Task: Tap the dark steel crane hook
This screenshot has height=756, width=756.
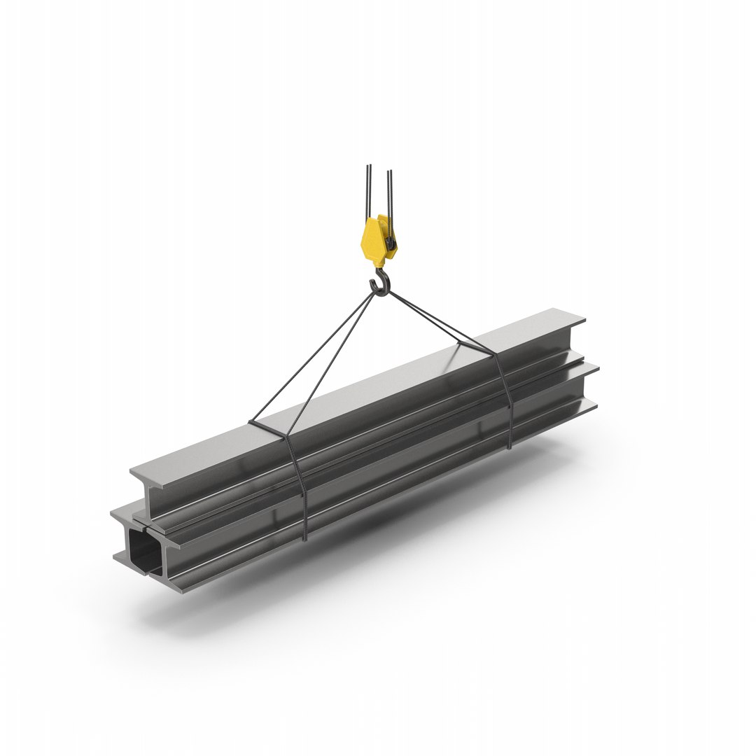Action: [x=379, y=285]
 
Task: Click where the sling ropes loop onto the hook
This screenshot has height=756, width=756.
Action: [x=380, y=292]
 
